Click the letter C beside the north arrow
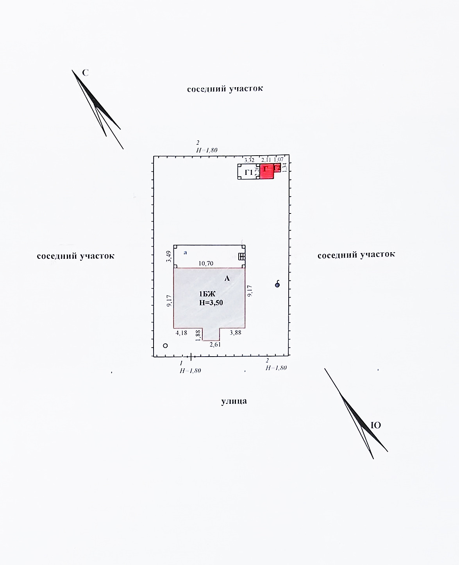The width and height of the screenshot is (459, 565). tap(86, 73)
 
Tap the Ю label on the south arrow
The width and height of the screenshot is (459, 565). tap(375, 425)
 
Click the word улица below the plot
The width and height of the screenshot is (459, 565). tap(234, 401)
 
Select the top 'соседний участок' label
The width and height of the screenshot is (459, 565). tap(225, 89)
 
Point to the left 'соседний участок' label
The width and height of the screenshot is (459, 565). tap(75, 256)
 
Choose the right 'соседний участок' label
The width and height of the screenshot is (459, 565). tap(356, 255)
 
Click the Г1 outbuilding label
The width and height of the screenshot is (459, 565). tap(249, 172)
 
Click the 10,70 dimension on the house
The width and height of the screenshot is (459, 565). tap(206, 263)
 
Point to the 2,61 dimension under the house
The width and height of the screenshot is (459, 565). tap(215, 344)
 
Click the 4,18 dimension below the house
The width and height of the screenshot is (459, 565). tap(182, 333)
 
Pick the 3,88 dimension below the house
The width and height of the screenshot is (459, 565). tap(236, 333)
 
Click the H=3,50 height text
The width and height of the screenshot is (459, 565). tap(211, 302)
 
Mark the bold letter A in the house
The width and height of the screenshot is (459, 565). tap(226, 278)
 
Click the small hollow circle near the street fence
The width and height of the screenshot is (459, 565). tap(165, 345)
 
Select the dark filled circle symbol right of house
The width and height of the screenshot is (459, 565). tap(277, 285)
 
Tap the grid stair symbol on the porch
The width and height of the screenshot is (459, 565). tap(241, 256)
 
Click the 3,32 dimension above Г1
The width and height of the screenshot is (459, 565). tap(249, 160)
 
